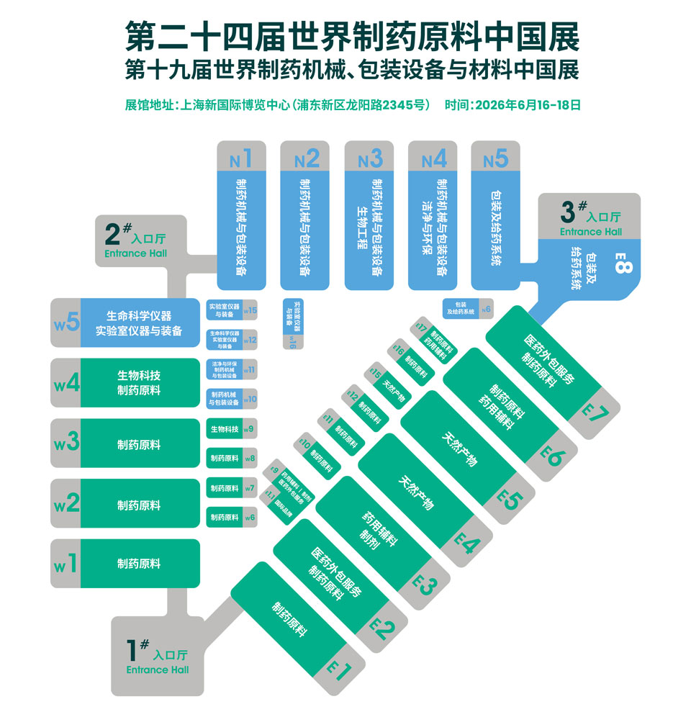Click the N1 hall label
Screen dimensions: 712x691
click(x=241, y=157)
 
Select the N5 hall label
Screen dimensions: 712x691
click(x=496, y=157)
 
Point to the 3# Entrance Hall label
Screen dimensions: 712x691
click(x=590, y=218)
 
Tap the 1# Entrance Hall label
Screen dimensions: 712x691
click(x=157, y=659)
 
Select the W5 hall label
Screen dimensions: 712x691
click(x=66, y=323)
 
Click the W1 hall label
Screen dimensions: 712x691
click(x=66, y=564)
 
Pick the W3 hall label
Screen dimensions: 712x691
click(x=66, y=443)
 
